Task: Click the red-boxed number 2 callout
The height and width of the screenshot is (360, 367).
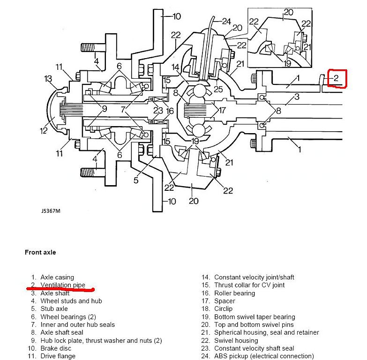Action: coord(336,79)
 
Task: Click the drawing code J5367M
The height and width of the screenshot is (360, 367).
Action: coord(51,210)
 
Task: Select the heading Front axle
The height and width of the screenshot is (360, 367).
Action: coord(40,252)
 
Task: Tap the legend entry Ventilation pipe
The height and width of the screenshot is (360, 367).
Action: coord(62,285)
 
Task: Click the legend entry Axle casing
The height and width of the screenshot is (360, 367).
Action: coord(57,277)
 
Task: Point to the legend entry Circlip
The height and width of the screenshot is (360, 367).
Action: coord(223,309)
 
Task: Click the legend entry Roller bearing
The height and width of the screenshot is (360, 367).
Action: coord(234,293)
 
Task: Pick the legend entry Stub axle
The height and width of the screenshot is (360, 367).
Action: coord(54,309)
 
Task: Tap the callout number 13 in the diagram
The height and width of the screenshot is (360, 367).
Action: coord(48,78)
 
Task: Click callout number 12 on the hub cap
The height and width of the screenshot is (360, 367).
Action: coord(44,130)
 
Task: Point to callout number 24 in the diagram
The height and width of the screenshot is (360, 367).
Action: coord(226,21)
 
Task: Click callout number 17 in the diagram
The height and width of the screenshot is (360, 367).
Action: coord(222,111)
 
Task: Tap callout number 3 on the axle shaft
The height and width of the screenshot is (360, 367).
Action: coord(297,97)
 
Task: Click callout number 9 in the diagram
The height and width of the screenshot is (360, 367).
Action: coord(104,109)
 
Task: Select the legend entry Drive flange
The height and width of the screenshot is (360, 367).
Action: coord(58,356)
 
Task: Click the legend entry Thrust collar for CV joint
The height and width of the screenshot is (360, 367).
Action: coord(249,285)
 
